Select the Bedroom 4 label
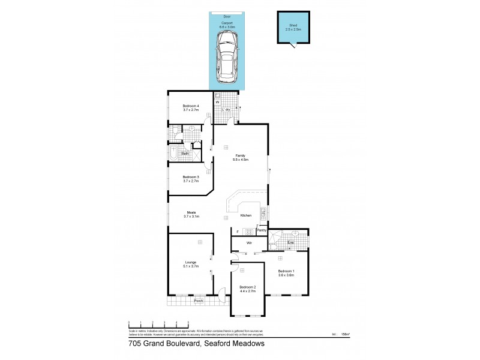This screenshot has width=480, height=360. pos(190,106)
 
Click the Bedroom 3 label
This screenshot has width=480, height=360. pos(190,176)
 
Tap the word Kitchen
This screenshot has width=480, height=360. pos(246,215)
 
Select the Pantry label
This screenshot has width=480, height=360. pos(262,229)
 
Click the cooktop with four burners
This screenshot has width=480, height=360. pos(249,232)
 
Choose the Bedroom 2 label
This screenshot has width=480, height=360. pos(247,287)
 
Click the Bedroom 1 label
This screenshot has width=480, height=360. pos(286,271)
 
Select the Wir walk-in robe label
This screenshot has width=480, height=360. pos(248,243)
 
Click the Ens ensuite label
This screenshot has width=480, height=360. pos(290,243)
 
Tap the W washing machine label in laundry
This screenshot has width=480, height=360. pos(217,102)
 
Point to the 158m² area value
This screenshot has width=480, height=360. pos(344,334)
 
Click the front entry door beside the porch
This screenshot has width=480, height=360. pos(221,295)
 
